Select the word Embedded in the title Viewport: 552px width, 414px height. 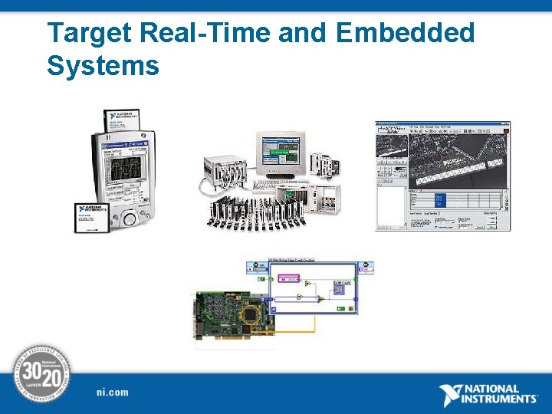coord(405,34)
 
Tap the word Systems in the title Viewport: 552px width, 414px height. coord(103,66)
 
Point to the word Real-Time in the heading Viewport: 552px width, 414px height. coord(205,34)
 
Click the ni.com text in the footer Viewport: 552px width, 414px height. coord(113,393)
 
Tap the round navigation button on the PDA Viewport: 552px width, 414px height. coord(128,218)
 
